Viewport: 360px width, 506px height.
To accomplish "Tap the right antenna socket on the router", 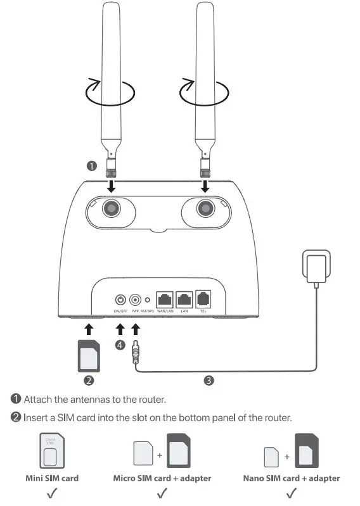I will [x=205, y=208].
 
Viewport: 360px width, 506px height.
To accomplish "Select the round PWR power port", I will [x=134, y=300].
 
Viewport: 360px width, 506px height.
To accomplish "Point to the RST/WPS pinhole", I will [x=148, y=301].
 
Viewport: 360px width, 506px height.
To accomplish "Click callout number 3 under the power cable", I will [x=209, y=381].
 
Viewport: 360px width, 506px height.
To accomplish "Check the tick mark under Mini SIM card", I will [x=51, y=492].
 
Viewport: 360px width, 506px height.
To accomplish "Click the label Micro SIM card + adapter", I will [x=162, y=478].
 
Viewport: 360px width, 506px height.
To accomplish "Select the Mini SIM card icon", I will [x=52, y=452].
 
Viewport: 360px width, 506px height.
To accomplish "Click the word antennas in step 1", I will [x=78, y=399].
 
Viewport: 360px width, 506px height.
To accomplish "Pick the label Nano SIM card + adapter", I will [x=292, y=478].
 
